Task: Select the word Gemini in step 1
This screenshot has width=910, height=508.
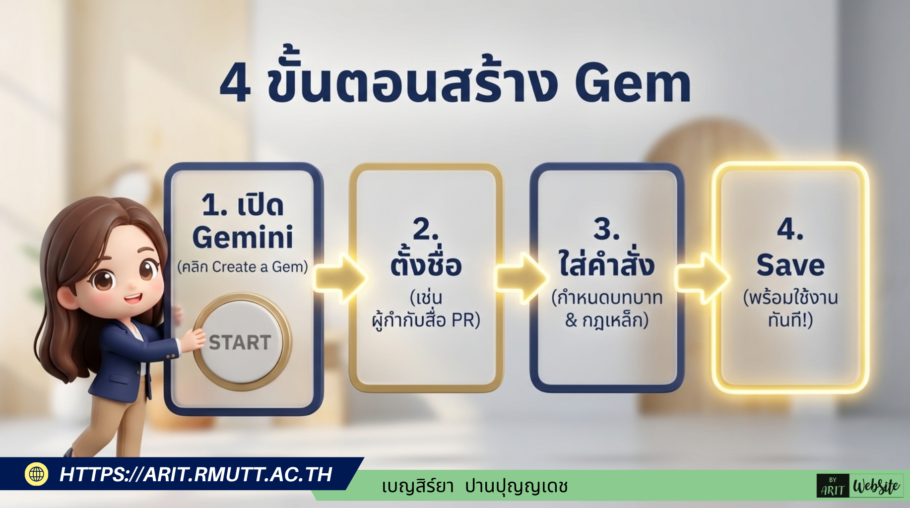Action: [243, 237]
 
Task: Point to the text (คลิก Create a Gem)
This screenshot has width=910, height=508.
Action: [243, 267]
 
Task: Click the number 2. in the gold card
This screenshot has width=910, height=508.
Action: [426, 229]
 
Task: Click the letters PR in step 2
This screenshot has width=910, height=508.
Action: [463, 320]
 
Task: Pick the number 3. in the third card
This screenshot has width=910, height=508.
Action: [606, 229]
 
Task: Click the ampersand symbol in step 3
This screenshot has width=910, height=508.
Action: [571, 320]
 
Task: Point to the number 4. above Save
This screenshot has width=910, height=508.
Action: [790, 229]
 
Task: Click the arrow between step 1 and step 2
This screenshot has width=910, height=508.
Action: [339, 278]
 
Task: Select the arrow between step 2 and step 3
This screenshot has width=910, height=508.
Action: [520, 278]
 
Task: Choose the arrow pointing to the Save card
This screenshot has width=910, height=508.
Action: [702, 278]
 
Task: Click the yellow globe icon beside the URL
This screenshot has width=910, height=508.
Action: [36, 474]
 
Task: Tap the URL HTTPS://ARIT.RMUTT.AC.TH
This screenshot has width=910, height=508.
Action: [196, 475]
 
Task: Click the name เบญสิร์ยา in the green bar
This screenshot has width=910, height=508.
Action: [418, 486]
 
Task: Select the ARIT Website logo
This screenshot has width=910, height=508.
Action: [860, 486]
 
